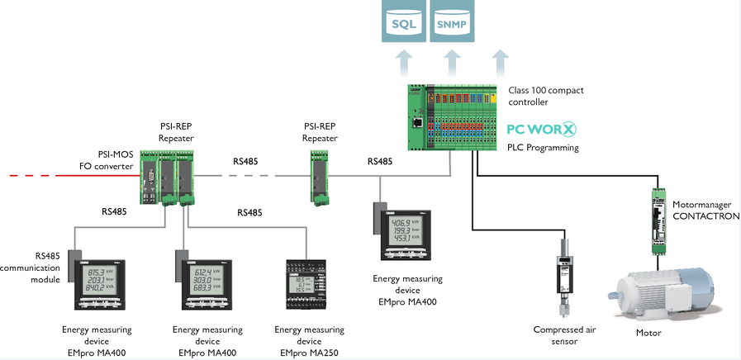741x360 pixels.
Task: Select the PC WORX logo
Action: tap(541, 130)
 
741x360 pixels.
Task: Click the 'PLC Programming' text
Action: tap(543, 148)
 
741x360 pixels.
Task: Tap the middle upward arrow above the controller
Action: tap(451, 63)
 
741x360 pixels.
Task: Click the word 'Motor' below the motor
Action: tap(649, 333)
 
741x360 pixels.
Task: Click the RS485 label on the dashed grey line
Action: tap(245, 161)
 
